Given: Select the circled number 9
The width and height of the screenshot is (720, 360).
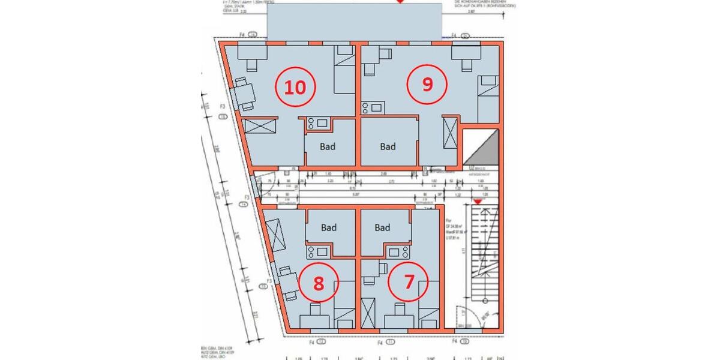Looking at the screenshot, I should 427,85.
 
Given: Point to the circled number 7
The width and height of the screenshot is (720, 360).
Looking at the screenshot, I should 409,281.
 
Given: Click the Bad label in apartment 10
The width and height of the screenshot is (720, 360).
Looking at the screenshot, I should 328,146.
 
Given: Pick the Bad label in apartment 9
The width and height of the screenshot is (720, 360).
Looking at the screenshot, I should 388,146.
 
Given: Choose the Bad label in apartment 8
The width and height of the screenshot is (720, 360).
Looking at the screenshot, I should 329,227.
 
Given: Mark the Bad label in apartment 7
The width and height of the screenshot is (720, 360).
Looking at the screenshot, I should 383,227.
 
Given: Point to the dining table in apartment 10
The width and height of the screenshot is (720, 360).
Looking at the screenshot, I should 244,94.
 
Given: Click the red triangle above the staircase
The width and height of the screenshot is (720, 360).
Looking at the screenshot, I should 478,203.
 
